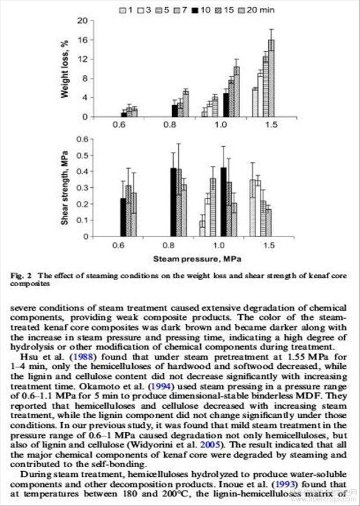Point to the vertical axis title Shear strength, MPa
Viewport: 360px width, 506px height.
(x=65, y=187)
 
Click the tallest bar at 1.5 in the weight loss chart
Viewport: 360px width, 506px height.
(x=271, y=78)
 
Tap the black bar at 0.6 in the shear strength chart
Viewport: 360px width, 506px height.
(x=123, y=217)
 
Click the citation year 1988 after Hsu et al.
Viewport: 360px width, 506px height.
(x=79, y=359)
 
